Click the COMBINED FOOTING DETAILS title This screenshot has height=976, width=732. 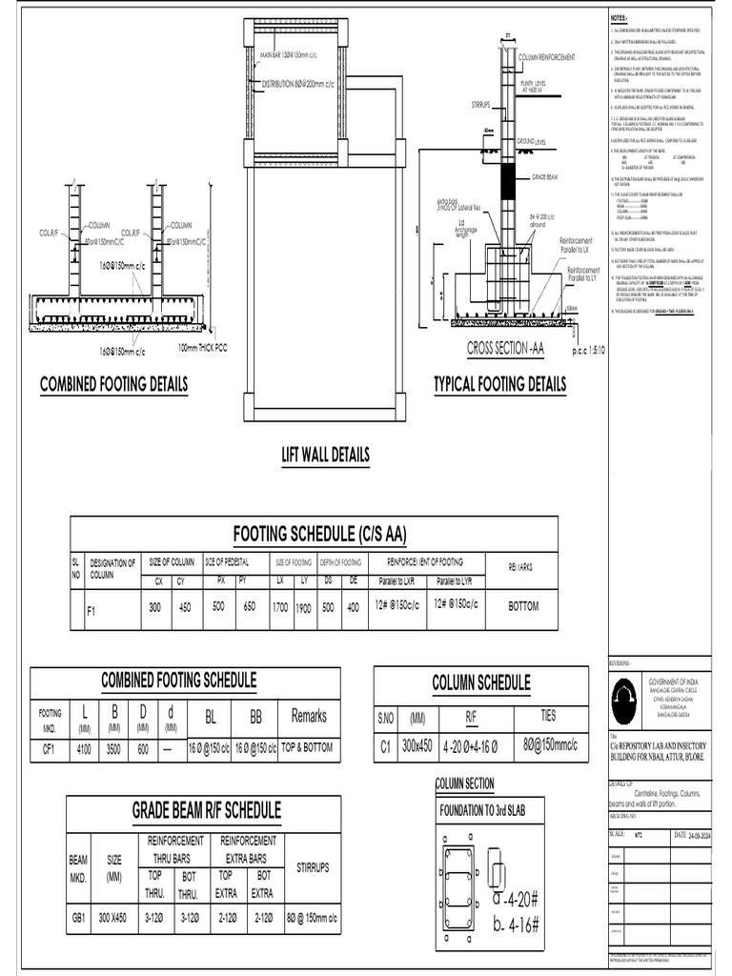click(113, 384)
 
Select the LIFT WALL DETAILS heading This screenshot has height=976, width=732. click(325, 455)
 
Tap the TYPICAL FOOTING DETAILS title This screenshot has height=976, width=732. click(499, 384)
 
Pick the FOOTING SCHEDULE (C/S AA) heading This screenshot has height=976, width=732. click(314, 531)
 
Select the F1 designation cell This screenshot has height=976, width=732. click(91, 612)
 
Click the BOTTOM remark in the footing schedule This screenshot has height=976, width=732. click(524, 605)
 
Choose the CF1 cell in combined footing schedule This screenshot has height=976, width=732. click(49, 749)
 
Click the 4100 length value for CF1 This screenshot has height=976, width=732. click(84, 749)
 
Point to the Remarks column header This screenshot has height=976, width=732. click(309, 716)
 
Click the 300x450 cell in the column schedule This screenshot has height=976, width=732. click(417, 747)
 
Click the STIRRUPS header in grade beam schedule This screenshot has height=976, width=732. click(313, 867)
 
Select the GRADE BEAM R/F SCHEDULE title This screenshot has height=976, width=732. click(206, 810)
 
